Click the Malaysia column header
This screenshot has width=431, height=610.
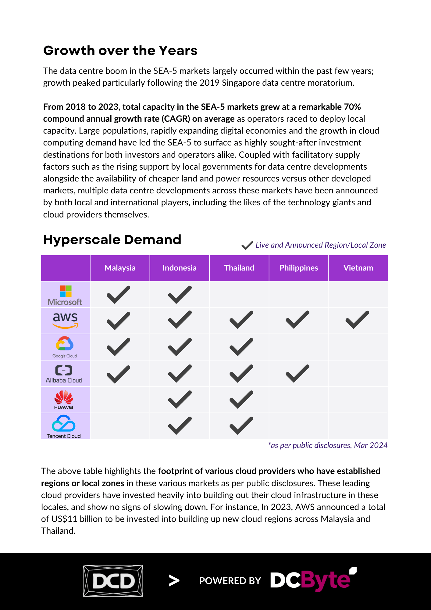[x=120, y=268]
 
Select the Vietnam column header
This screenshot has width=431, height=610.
[x=358, y=268]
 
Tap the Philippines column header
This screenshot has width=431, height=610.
[x=299, y=268]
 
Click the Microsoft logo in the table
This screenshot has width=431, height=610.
[x=65, y=295]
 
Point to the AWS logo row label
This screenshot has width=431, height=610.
[x=65, y=320]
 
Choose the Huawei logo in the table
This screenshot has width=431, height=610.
[x=64, y=400]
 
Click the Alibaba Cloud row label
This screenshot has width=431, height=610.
[x=64, y=374]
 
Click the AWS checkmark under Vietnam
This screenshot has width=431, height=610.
[x=357, y=320]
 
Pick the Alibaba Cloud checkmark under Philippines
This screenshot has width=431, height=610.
[x=297, y=373]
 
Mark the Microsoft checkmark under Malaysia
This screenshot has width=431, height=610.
[x=118, y=295]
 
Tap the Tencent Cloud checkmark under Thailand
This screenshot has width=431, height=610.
[x=241, y=425]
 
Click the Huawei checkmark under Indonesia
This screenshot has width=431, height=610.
[x=180, y=400]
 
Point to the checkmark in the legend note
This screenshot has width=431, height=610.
[x=247, y=246]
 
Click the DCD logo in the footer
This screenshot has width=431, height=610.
[x=113, y=581]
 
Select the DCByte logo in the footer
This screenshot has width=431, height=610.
[x=313, y=579]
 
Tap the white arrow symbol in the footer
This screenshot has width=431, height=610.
[x=174, y=581]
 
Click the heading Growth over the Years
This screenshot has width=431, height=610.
[x=120, y=51]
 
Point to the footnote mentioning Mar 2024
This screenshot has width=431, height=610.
[x=328, y=445]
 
